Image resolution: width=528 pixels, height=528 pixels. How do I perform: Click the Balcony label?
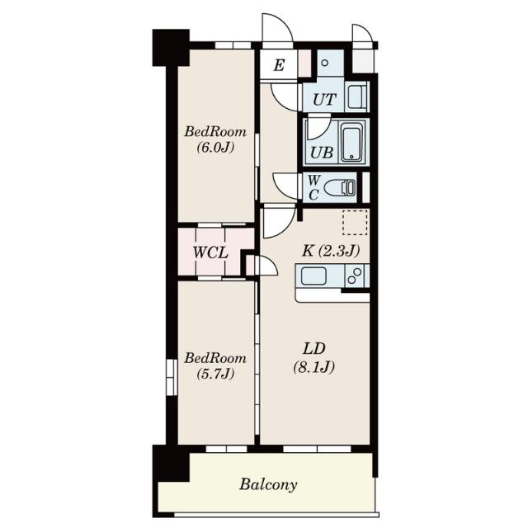(x=268, y=485)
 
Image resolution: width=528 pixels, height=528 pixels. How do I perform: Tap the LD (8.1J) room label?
(x=313, y=358)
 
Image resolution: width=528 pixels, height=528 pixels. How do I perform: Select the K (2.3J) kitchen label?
(x=331, y=251)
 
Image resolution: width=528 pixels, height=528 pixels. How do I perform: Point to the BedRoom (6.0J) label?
(x=215, y=139)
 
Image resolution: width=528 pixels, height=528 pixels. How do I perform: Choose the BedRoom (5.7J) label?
(x=215, y=365)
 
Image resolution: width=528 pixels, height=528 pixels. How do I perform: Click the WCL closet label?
(x=210, y=252)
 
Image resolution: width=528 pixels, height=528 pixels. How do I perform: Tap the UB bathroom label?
(x=322, y=153)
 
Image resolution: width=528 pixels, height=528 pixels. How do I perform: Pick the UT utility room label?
(x=324, y=99)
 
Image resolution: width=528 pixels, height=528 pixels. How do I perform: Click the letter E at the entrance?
(x=279, y=65)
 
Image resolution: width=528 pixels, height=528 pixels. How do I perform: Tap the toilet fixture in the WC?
(x=339, y=187)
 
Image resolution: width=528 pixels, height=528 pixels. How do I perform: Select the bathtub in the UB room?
(x=352, y=143)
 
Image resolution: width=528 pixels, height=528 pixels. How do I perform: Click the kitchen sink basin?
(x=313, y=276)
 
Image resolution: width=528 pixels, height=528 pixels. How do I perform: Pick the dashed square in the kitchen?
(x=355, y=222)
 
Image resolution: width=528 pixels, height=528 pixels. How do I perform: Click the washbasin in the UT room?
(x=356, y=97)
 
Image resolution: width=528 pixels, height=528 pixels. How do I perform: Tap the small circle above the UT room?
(x=324, y=63)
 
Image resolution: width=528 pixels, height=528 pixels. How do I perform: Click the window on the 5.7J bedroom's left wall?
(x=172, y=377)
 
